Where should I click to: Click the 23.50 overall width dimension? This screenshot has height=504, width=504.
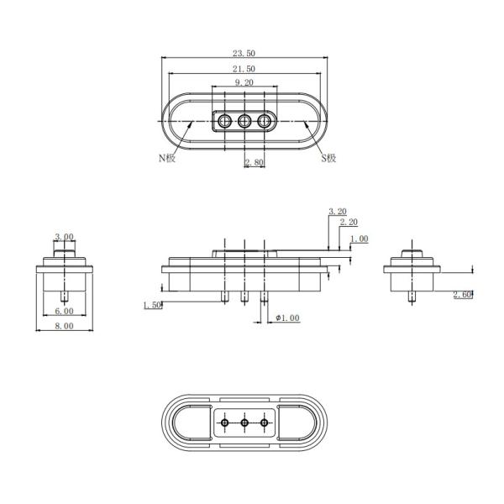point(244,53)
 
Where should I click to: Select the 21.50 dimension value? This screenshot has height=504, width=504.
point(244,68)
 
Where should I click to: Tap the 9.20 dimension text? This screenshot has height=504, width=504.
point(244,82)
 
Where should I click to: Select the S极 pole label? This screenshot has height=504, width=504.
point(328,157)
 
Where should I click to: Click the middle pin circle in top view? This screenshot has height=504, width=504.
point(244,122)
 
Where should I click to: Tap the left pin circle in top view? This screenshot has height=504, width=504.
point(223,122)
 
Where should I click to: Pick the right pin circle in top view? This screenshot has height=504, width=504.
point(265,122)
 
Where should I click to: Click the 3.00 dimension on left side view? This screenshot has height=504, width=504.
point(64,237)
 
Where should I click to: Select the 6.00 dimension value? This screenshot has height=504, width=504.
point(64,311)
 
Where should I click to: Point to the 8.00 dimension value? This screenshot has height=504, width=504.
point(64,327)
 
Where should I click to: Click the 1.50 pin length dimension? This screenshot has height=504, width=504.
point(152,304)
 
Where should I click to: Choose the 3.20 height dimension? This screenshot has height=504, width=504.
point(337,212)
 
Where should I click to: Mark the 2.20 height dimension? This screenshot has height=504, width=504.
point(348,222)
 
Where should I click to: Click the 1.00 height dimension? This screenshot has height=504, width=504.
point(359,239)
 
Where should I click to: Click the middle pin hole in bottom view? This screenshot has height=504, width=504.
point(244,423)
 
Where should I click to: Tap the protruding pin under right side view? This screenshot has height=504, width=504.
point(412,296)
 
